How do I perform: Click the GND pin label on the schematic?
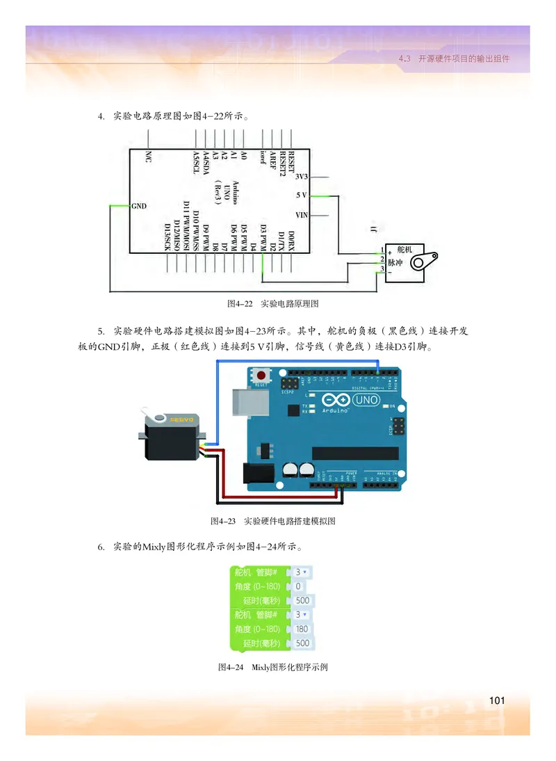(x=138, y=206)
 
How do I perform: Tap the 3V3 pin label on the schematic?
(x=302, y=177)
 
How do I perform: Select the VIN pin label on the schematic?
(x=302, y=214)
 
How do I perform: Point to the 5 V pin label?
(x=302, y=195)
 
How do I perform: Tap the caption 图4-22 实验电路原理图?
(x=272, y=304)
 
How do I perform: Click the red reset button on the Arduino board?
(x=261, y=376)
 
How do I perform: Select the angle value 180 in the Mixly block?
(x=302, y=629)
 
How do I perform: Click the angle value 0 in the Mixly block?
(x=299, y=586)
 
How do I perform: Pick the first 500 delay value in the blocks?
(x=302, y=600)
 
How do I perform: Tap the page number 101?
(x=496, y=699)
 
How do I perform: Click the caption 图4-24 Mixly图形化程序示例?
(x=272, y=667)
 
